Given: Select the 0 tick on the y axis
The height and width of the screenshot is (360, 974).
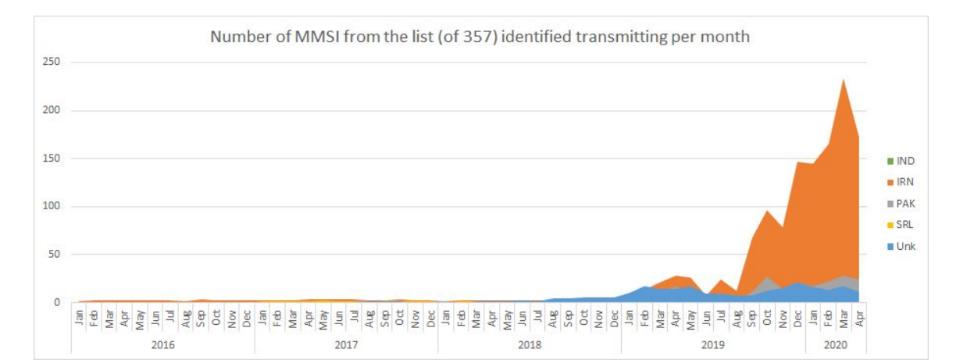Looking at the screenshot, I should click(56, 303).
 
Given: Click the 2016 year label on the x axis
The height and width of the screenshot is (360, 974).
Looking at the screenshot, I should click(162, 344).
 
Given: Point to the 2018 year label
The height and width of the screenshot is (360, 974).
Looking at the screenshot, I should click(529, 344).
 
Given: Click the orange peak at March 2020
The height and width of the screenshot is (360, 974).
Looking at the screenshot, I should click(844, 80).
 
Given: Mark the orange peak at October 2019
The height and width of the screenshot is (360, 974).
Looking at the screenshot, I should click(767, 212).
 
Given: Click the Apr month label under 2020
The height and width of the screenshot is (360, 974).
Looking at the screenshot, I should click(859, 319).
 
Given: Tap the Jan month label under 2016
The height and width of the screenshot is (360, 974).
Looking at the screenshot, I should click(79, 319).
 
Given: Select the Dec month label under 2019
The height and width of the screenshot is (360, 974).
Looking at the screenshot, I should click(797, 319).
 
